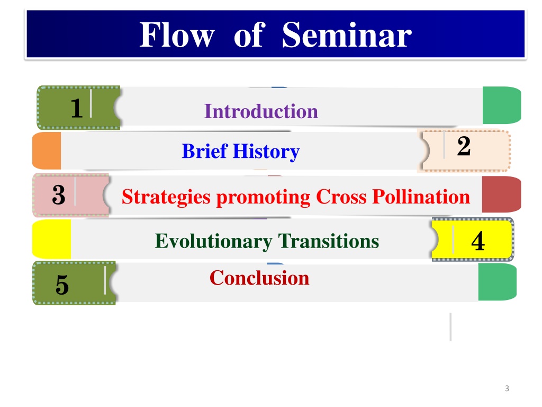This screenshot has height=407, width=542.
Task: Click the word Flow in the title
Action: pos(177,34)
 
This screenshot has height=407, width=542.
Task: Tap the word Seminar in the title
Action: pos(347,34)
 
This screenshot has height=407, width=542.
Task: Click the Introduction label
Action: pos(261,111)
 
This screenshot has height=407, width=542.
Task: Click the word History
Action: pos(266,152)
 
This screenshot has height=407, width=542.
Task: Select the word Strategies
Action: pos(166,198)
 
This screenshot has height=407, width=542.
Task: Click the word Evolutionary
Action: pos(213,241)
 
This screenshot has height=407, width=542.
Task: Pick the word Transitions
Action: pos(328,241)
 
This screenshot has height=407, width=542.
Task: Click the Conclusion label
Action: pos(259,278)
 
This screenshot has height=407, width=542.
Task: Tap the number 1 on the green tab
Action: pos(76,108)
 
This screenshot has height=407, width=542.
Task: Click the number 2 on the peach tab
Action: pos(464,146)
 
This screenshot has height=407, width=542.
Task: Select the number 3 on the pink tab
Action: pos(59,195)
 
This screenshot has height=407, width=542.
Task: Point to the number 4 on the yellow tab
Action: pos(478,241)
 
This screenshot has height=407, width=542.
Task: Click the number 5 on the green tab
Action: pos(62,285)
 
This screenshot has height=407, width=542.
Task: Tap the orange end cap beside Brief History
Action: pos(47,151)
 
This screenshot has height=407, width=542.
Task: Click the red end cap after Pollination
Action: pos(501,194)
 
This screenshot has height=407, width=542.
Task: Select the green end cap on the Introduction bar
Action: pos(502,105)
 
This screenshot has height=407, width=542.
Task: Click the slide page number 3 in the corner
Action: pos(507,388)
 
